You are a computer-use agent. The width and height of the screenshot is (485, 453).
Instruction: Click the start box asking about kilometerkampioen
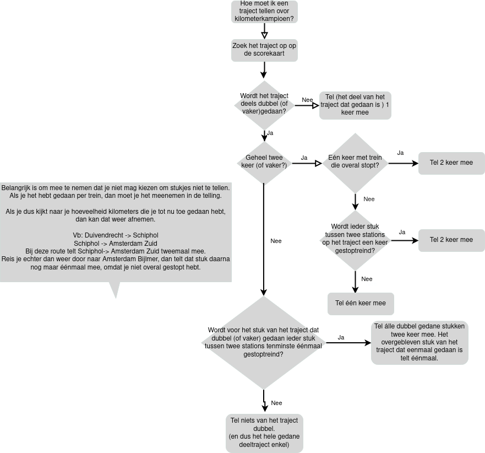pos(264,12)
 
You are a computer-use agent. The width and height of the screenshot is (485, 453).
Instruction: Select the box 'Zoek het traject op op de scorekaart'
pos(264,50)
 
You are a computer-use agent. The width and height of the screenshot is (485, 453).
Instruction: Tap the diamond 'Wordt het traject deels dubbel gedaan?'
pos(264,104)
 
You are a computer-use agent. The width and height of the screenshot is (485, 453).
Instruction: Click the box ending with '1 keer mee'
pos(355,105)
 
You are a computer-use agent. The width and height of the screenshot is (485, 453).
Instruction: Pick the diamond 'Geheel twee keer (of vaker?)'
pos(264,161)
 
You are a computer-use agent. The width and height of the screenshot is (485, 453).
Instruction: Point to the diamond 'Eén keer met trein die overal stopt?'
pos(356,161)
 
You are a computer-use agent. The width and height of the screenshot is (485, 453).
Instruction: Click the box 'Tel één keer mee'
pos(361,303)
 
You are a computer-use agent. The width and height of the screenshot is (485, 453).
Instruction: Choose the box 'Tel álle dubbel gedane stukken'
pos(419,342)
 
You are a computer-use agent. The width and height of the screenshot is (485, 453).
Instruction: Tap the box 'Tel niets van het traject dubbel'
pos(264,433)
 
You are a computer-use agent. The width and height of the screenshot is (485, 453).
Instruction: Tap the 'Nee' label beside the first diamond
pos(307,100)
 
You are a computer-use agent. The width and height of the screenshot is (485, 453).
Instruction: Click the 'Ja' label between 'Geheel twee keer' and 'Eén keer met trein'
pos(304,158)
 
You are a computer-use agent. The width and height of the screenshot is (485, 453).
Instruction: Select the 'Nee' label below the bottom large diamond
pos(276,403)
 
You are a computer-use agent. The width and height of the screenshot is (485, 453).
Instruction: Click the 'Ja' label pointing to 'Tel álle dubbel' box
pos(341,337)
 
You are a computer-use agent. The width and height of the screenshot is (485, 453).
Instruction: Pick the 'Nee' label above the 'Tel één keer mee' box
pos(367,279)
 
